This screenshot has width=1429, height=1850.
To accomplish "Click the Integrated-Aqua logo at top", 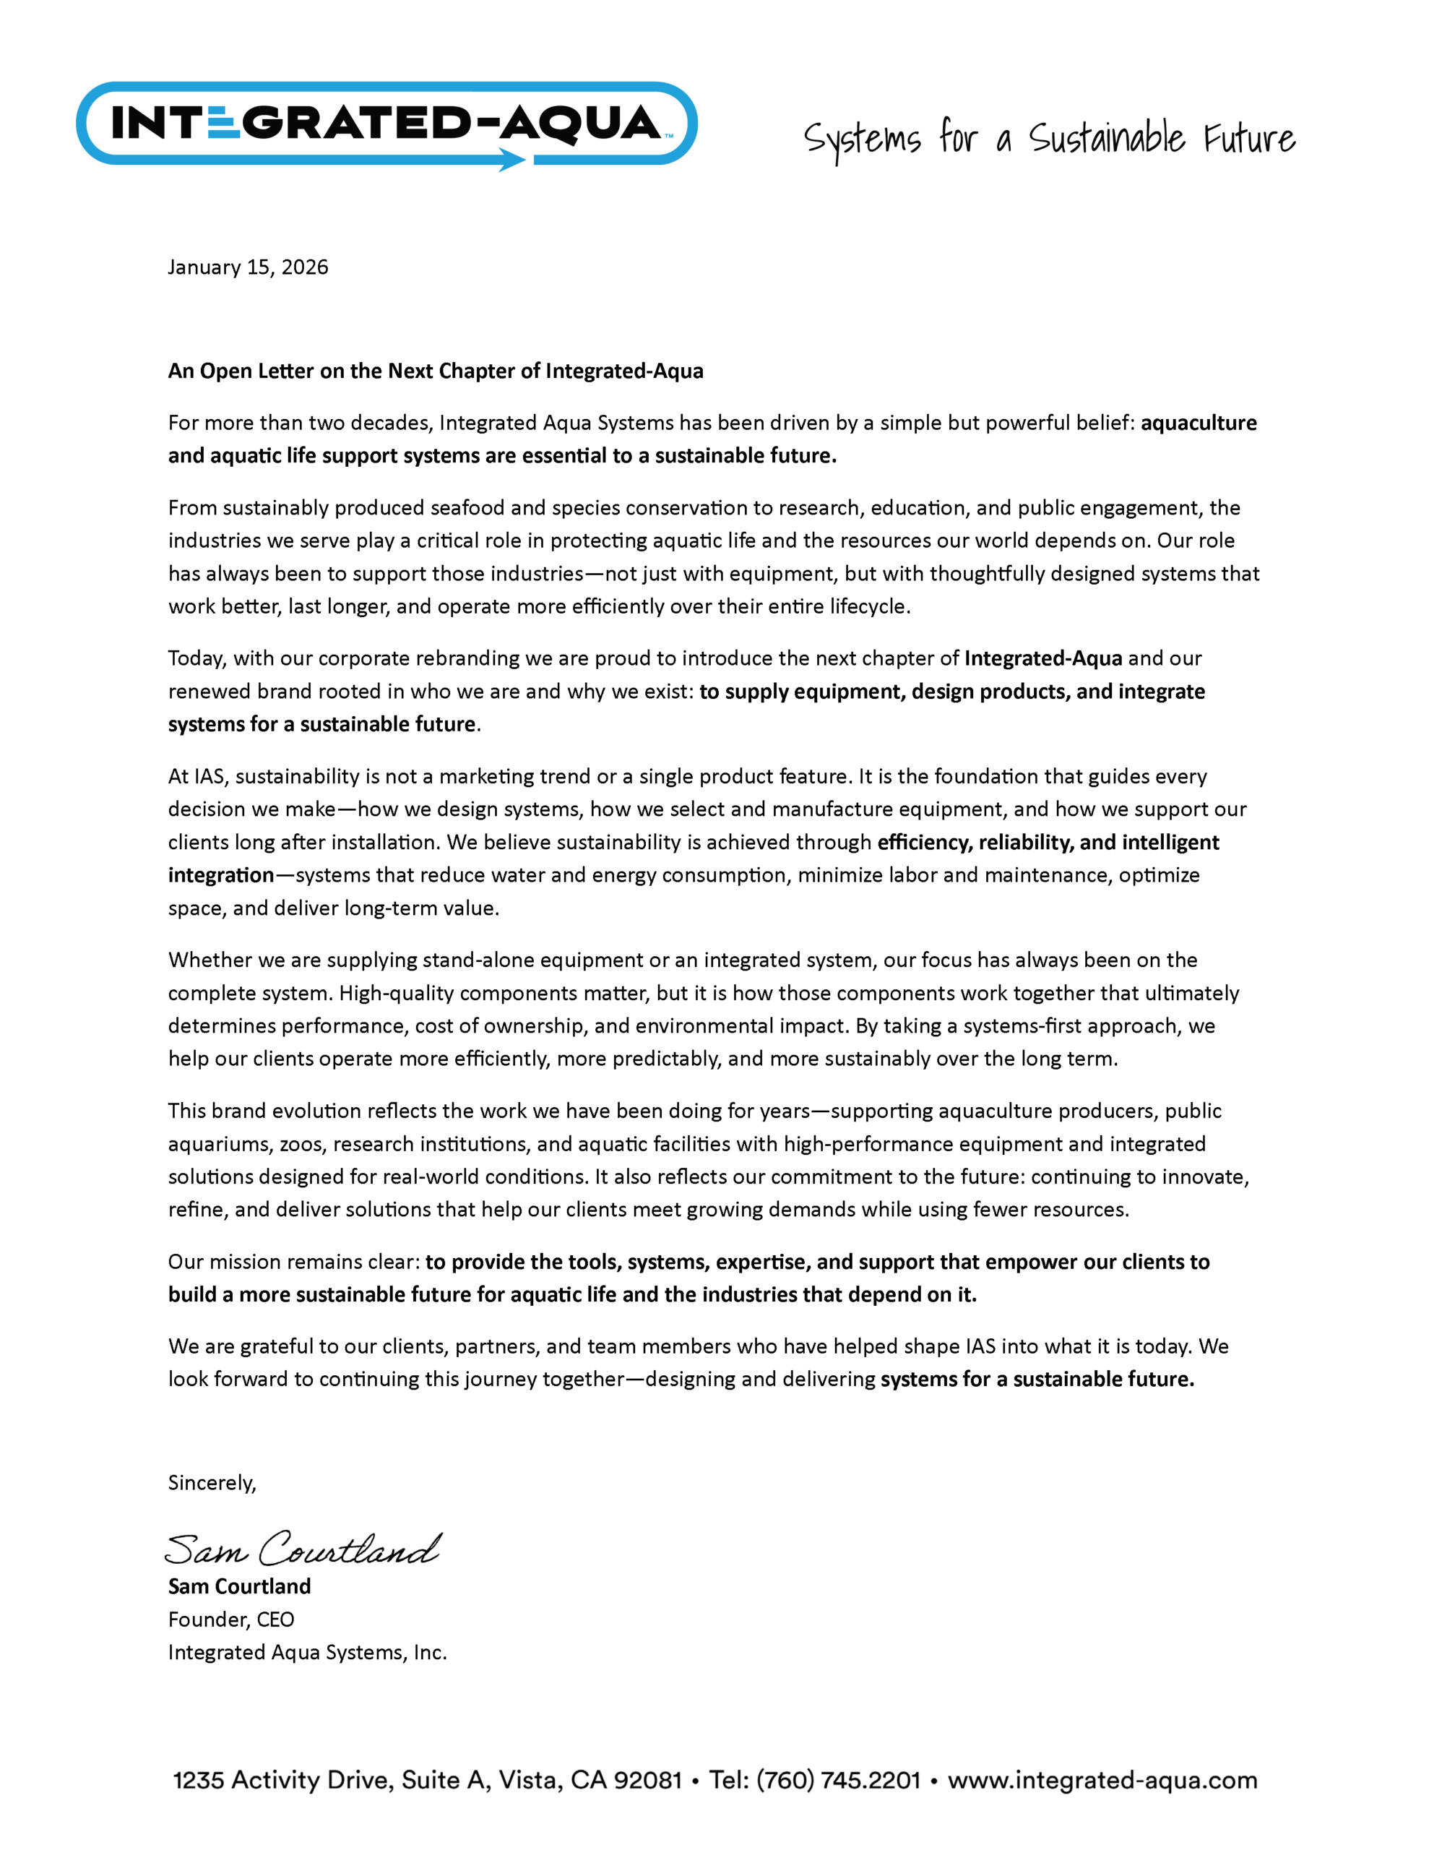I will tap(387, 124).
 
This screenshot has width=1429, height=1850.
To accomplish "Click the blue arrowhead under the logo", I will tap(511, 159).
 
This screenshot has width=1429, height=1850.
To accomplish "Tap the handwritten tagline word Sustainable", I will tap(1106, 138).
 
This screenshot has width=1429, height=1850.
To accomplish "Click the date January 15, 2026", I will tap(247, 267).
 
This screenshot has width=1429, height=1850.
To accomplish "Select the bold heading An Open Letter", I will tap(436, 371).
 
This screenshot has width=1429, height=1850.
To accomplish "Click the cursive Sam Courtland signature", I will tap(303, 1549).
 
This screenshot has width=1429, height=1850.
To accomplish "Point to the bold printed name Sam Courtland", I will tap(239, 1586).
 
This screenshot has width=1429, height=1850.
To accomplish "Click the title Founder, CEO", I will tap(230, 1619).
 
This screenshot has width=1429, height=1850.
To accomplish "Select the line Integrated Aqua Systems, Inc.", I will tap(306, 1652).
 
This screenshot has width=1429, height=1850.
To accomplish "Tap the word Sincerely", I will tap(211, 1482).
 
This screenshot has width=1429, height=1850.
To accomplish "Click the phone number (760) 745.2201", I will tap(838, 1780).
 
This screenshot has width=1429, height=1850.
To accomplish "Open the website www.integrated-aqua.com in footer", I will tap(1102, 1780).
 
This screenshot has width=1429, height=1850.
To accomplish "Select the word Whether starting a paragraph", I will tap(208, 960).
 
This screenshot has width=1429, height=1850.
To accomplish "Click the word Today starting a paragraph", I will tap(196, 658).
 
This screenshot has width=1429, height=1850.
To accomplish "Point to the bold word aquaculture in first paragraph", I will tap(1198, 423).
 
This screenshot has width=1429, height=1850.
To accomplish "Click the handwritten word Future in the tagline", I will tap(1248, 138).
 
